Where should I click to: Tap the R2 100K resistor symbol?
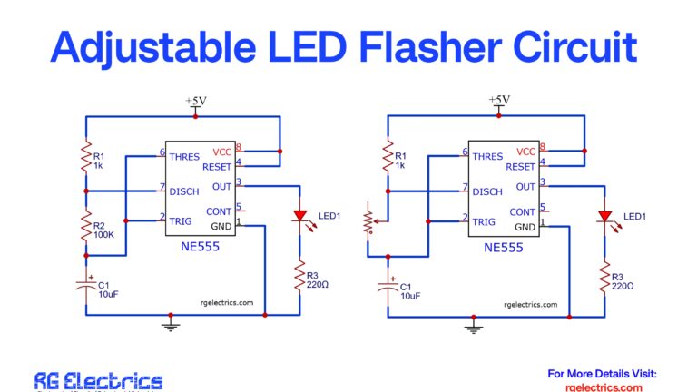[x=86, y=223]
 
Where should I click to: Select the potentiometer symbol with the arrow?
[x=368, y=220]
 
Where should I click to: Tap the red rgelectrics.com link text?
[x=603, y=387]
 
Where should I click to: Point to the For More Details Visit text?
[x=603, y=373]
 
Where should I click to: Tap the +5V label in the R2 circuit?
[x=195, y=101]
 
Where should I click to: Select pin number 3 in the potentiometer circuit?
[x=544, y=182]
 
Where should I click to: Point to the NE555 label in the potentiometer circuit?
[x=502, y=247]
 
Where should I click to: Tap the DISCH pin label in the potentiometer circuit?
[x=487, y=191]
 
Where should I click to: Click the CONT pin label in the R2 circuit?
[x=218, y=211]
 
